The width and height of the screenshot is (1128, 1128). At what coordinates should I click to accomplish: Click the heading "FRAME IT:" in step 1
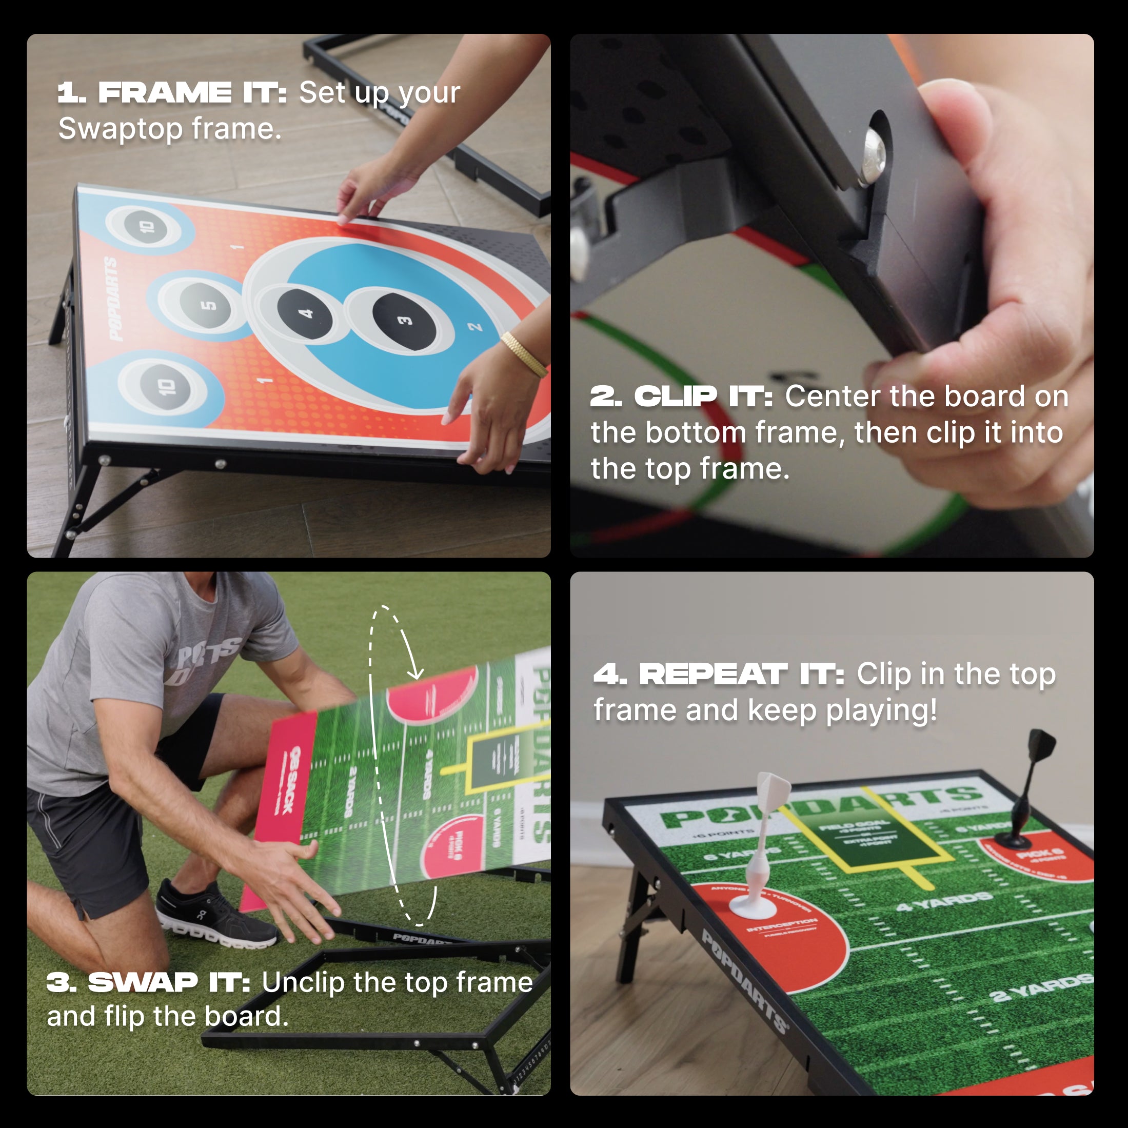[193, 93]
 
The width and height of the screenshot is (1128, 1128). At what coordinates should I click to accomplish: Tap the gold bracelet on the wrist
[524, 354]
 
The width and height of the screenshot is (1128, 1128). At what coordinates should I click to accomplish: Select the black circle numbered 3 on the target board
[404, 321]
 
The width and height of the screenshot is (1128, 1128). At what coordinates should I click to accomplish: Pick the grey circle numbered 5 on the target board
[207, 304]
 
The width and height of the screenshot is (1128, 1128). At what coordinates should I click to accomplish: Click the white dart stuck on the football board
[762, 846]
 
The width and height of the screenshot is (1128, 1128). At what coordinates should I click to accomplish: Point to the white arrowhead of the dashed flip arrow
[415, 675]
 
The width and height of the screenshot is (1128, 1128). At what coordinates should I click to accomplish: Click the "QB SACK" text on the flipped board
[286, 779]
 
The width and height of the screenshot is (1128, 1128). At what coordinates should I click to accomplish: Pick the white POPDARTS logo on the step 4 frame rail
[744, 981]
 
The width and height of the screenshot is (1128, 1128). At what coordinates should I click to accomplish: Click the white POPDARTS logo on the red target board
[113, 299]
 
